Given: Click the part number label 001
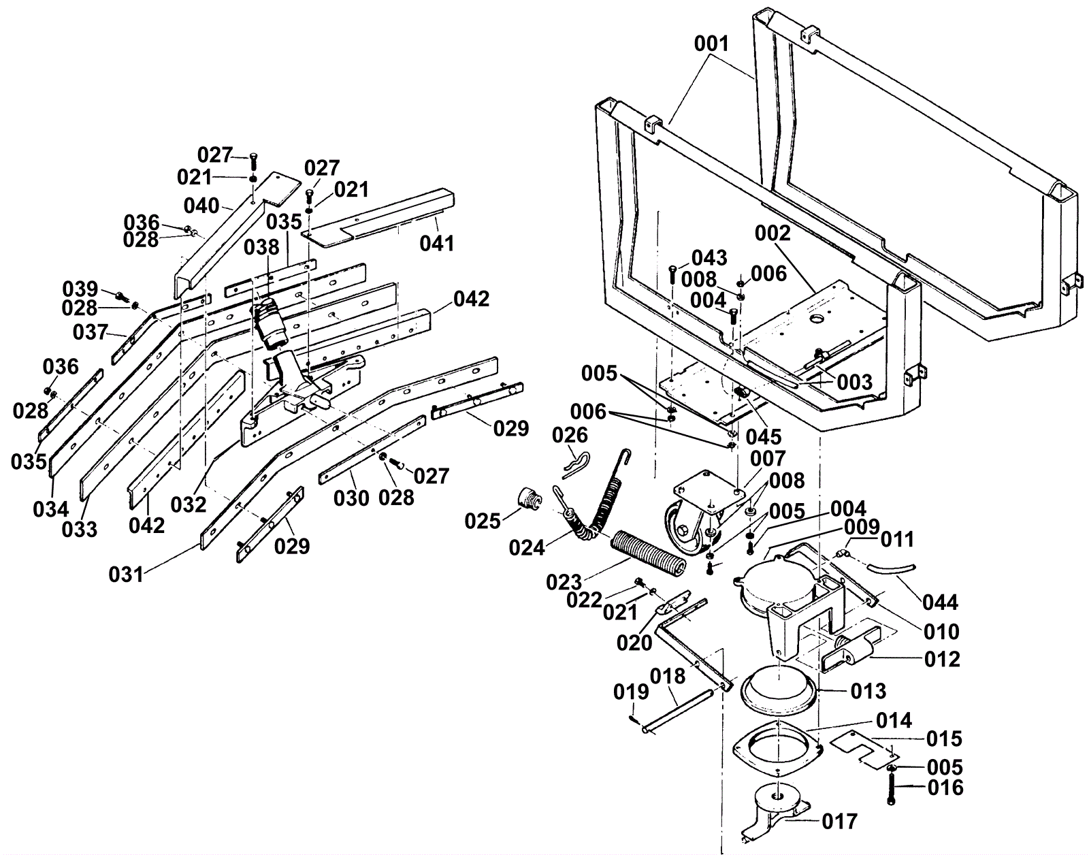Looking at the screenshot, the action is (x=711, y=44).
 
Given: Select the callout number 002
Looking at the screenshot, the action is (x=773, y=233).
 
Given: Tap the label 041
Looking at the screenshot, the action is (x=437, y=244).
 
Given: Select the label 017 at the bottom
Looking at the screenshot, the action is (x=840, y=822).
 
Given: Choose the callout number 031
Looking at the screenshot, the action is (x=127, y=575).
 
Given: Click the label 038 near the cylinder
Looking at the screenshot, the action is (x=261, y=248).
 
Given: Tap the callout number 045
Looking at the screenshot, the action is (x=764, y=437).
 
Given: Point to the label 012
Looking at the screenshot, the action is (x=942, y=660).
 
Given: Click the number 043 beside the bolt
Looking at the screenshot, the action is (x=710, y=258).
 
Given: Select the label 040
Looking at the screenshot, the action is (x=201, y=206).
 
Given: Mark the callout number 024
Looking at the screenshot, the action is (x=527, y=548).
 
